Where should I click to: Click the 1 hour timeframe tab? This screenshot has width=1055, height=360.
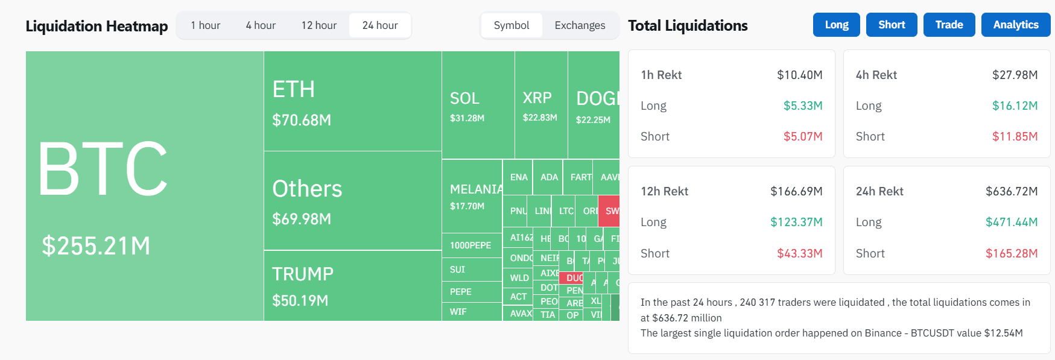pos(205,25)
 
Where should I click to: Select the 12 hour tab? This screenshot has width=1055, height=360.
pos(318,25)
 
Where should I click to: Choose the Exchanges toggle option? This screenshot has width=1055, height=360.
pos(580,25)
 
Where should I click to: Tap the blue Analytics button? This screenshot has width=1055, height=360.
pos(1016,25)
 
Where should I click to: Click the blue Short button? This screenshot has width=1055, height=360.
pos(892,25)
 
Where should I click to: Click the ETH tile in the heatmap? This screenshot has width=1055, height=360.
pos(352,101)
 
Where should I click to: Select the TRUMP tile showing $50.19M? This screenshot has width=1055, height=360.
pos(352,285)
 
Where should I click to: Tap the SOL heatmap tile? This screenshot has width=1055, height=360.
pos(478,105)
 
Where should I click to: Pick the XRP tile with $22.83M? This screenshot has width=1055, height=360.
pos(540,105)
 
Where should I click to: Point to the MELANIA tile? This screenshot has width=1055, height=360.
pos(472,196)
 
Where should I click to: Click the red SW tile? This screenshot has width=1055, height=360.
pos(609,211)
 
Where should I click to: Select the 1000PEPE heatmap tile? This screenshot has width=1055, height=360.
pos(471,245)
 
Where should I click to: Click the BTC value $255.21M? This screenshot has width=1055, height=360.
pos(96,245)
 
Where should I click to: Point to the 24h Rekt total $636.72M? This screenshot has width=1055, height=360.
pos(1012,191)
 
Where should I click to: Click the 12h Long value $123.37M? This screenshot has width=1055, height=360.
pos(796,222)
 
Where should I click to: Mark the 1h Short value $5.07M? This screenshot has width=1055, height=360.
pos(803,136)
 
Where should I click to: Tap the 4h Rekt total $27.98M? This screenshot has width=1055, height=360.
pos(1015,75)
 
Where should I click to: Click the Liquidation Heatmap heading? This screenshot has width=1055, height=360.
pos(97,26)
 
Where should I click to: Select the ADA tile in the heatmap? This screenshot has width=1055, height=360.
pos(548,177)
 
